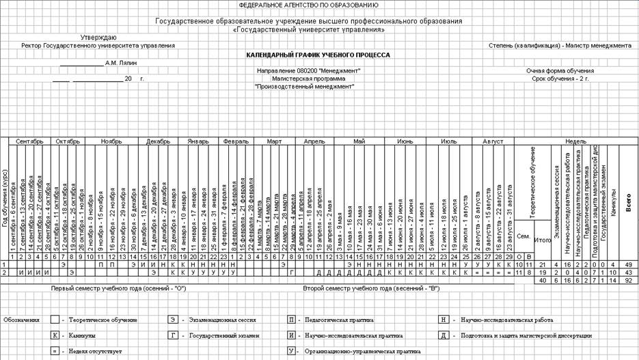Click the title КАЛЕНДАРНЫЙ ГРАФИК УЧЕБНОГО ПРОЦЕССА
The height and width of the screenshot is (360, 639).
pos(318,55)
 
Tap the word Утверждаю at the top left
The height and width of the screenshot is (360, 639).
pos(99,37)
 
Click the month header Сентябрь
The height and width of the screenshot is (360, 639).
pos(29,141)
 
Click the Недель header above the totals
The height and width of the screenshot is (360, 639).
pos(575,141)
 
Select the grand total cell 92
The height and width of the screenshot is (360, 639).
pos(629,279)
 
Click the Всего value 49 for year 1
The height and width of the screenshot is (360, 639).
pos(629,264)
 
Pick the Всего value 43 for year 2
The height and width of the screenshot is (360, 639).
pos(629,272)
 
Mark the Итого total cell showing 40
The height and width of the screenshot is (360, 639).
pos(543,279)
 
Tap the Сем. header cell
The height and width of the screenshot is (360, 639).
pos(523,236)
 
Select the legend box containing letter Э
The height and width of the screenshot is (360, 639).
pos(175,320)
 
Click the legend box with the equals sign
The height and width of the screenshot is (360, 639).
pos(55,351)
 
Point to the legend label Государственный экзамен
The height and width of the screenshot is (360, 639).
pos(225,336)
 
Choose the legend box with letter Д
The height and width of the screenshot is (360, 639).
pos(445,335)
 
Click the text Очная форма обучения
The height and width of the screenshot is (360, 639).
pos(560,70)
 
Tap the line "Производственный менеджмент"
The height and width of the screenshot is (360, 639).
pos(318,87)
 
